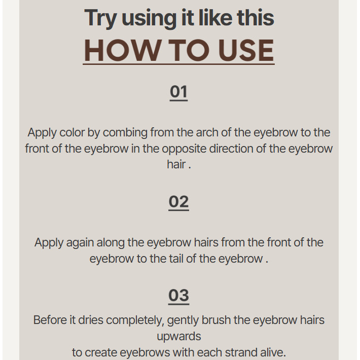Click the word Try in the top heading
pyautogui.click(x=100, y=18)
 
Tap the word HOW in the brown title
pyautogui.click(x=122, y=50)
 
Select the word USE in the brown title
pyautogui.click(x=246, y=50)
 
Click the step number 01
pyautogui.click(x=178, y=92)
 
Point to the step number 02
pyautogui.click(x=178, y=202)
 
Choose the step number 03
pyautogui.click(x=178, y=295)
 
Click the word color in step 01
pyautogui.click(x=72, y=132)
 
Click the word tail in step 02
pyautogui.click(x=176, y=259)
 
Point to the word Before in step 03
pyautogui.click(x=50, y=320)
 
